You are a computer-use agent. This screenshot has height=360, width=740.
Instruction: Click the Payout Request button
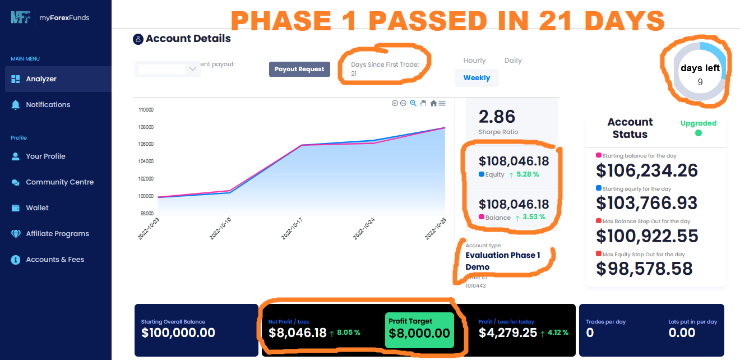coord(299,69)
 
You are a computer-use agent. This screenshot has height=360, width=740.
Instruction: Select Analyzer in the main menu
coord(41,79)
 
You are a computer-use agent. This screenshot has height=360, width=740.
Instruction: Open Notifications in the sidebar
coord(48,105)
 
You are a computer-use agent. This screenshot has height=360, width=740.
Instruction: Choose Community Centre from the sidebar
coord(59,182)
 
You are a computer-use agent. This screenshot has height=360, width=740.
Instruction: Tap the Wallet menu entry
coord(37,208)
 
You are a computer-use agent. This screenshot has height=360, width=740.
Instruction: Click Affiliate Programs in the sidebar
coord(57,234)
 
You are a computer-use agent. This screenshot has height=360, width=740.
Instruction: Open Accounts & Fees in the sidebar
coord(55,260)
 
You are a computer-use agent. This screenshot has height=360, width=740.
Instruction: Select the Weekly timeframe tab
coord(477,78)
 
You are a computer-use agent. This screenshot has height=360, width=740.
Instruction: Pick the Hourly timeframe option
coord(474,61)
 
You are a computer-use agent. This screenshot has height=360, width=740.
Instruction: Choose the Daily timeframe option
coord(513,61)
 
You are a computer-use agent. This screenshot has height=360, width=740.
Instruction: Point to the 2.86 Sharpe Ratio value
coord(497,117)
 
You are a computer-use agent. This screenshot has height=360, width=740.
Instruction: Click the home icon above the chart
coord(433,103)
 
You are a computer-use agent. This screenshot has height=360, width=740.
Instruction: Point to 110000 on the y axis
coord(146,110)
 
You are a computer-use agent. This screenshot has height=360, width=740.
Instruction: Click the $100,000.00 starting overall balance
coord(178,333)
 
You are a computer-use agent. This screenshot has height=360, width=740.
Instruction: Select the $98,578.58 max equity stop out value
coord(644,269)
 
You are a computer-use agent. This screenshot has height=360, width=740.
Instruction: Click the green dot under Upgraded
coord(698,133)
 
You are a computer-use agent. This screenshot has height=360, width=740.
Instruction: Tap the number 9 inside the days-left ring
coord(700,82)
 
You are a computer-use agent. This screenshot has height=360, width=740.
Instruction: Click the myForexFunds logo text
coord(64,18)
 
